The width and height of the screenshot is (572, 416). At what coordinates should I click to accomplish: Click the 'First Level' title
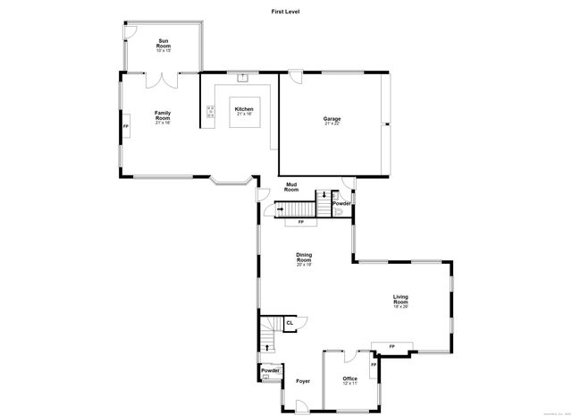coord(285,10)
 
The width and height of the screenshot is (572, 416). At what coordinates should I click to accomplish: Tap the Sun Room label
coord(164,46)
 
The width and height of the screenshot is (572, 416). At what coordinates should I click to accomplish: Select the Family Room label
coord(163,115)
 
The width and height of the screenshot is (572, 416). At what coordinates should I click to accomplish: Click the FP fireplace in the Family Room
coord(125,127)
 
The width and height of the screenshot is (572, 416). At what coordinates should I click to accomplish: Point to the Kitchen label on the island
coord(244,110)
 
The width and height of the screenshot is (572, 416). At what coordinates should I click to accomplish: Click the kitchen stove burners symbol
coord(210,113)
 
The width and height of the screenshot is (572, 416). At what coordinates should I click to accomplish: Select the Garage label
coord(332,121)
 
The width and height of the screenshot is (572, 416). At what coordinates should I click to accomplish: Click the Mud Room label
coord(291,187)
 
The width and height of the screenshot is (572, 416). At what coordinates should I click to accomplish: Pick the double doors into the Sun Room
coord(164,81)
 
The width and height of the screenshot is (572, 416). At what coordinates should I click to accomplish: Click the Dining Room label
coord(304,259)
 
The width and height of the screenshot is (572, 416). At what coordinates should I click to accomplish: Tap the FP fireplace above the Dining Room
coord(300,221)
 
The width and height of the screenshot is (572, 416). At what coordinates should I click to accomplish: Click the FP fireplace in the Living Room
coord(391,346)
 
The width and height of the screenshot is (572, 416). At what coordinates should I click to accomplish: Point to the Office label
coord(349,379)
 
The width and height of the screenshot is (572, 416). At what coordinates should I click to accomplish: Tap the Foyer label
coord(303,381)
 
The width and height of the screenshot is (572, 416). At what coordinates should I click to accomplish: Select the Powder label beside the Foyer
coord(270,370)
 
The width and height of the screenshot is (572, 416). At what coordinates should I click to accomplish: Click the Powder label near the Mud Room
coord(341,203)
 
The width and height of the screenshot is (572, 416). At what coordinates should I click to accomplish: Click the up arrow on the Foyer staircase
coord(267,345)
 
